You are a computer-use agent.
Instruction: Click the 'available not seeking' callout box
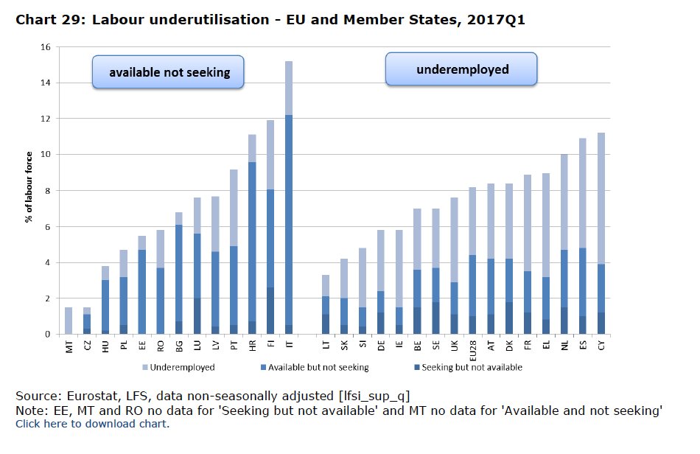(x=169, y=72)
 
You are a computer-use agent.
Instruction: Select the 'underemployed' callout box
(x=462, y=70)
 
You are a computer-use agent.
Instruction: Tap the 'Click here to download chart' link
(x=92, y=424)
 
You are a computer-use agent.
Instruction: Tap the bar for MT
(x=69, y=321)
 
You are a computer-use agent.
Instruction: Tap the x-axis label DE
(x=381, y=344)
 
